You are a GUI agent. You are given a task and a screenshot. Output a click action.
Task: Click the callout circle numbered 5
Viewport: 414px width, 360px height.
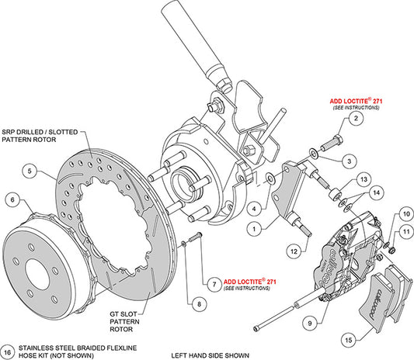coord(29,170)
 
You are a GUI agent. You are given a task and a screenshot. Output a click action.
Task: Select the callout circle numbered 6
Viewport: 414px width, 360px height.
coord(12,199)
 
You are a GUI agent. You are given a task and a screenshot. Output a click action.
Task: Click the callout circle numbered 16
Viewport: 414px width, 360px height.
coord(7,350)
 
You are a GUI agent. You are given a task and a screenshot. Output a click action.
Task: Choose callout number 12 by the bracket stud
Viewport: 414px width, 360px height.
coord(294,251)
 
